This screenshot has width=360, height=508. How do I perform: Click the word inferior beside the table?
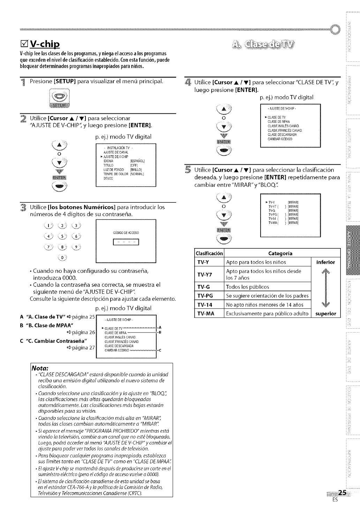(x=325, y=262)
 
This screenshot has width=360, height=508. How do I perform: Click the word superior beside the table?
(x=325, y=314)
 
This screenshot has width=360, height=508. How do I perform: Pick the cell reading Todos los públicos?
(x=248, y=287)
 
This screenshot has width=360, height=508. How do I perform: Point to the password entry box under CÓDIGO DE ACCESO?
(x=126, y=242)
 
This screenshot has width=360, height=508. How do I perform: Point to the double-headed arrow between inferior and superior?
(x=325, y=288)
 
